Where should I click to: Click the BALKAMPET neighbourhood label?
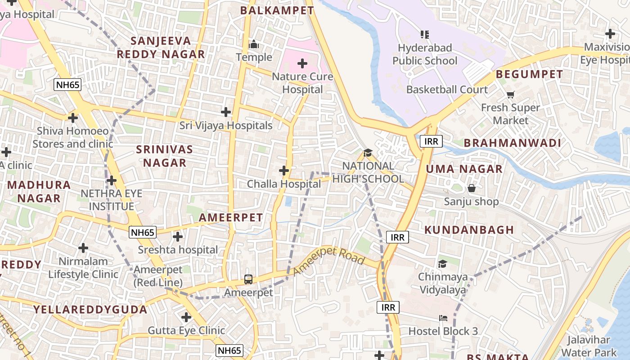(x=277, y=10)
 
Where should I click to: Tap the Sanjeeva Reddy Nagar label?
(x=161, y=48)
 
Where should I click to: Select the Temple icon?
(x=254, y=45)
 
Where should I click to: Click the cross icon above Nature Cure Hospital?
(x=302, y=63)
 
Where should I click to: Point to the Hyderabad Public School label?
(x=424, y=54)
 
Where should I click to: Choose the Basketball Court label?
(x=447, y=89)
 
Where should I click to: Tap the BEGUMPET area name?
(x=529, y=74)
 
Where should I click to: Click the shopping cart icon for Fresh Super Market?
(x=510, y=94)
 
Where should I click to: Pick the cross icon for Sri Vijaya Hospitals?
(x=226, y=112)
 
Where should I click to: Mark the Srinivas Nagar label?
(x=164, y=156)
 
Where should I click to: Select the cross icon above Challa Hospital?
(x=284, y=171)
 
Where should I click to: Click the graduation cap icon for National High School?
(x=368, y=153)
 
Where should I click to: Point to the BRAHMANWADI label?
(x=512, y=143)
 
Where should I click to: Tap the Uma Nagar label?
(x=464, y=169)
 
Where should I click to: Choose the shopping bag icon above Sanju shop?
(x=472, y=188)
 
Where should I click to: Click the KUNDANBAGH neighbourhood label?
(x=469, y=229)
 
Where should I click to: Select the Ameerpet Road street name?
(x=329, y=261)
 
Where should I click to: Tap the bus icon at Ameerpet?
(x=248, y=279)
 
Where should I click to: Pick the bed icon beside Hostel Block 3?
(x=443, y=318)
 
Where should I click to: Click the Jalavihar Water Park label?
(x=589, y=346)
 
